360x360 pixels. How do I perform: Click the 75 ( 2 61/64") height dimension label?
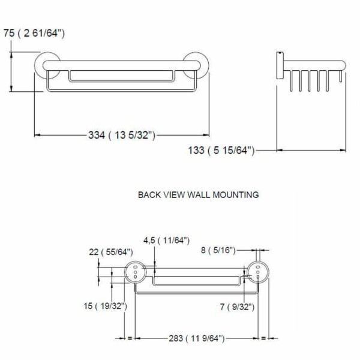34,33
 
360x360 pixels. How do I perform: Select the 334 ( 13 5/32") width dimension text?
122,135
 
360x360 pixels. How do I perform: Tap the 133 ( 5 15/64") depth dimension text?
221,151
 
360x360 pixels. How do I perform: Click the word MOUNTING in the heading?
236,194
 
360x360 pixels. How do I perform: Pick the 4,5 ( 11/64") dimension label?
166,241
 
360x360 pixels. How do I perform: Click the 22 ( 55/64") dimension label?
111,252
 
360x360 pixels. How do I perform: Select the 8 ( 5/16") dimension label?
218,250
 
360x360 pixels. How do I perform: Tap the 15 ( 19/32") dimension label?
105,306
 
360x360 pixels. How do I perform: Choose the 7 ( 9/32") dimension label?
237,307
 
